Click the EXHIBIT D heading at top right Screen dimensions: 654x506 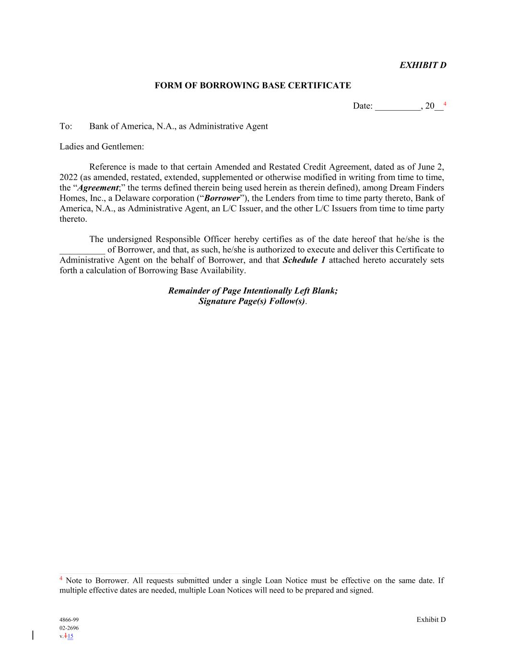pos(423,65)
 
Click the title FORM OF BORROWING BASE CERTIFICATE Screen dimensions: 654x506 pos(252,86)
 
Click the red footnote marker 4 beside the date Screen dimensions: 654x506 pos(445,104)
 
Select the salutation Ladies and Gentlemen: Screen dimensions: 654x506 pos(102,147)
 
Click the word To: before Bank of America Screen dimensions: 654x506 pos(66,126)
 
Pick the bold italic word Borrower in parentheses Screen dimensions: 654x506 pos(222,198)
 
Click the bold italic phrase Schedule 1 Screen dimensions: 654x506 pos(304,260)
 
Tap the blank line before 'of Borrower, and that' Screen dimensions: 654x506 pos(82,250)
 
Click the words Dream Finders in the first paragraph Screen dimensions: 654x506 pos(417,188)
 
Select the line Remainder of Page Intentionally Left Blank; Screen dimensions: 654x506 pos(253,291)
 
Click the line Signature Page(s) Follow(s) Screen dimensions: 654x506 pos(252,301)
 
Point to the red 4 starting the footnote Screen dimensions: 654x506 pos(61,579)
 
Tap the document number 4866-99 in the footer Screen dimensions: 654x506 pos(69,620)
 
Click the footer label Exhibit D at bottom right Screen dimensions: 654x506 pos(431,620)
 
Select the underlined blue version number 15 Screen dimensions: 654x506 pos(71,636)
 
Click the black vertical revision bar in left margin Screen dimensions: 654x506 pos(33,635)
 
